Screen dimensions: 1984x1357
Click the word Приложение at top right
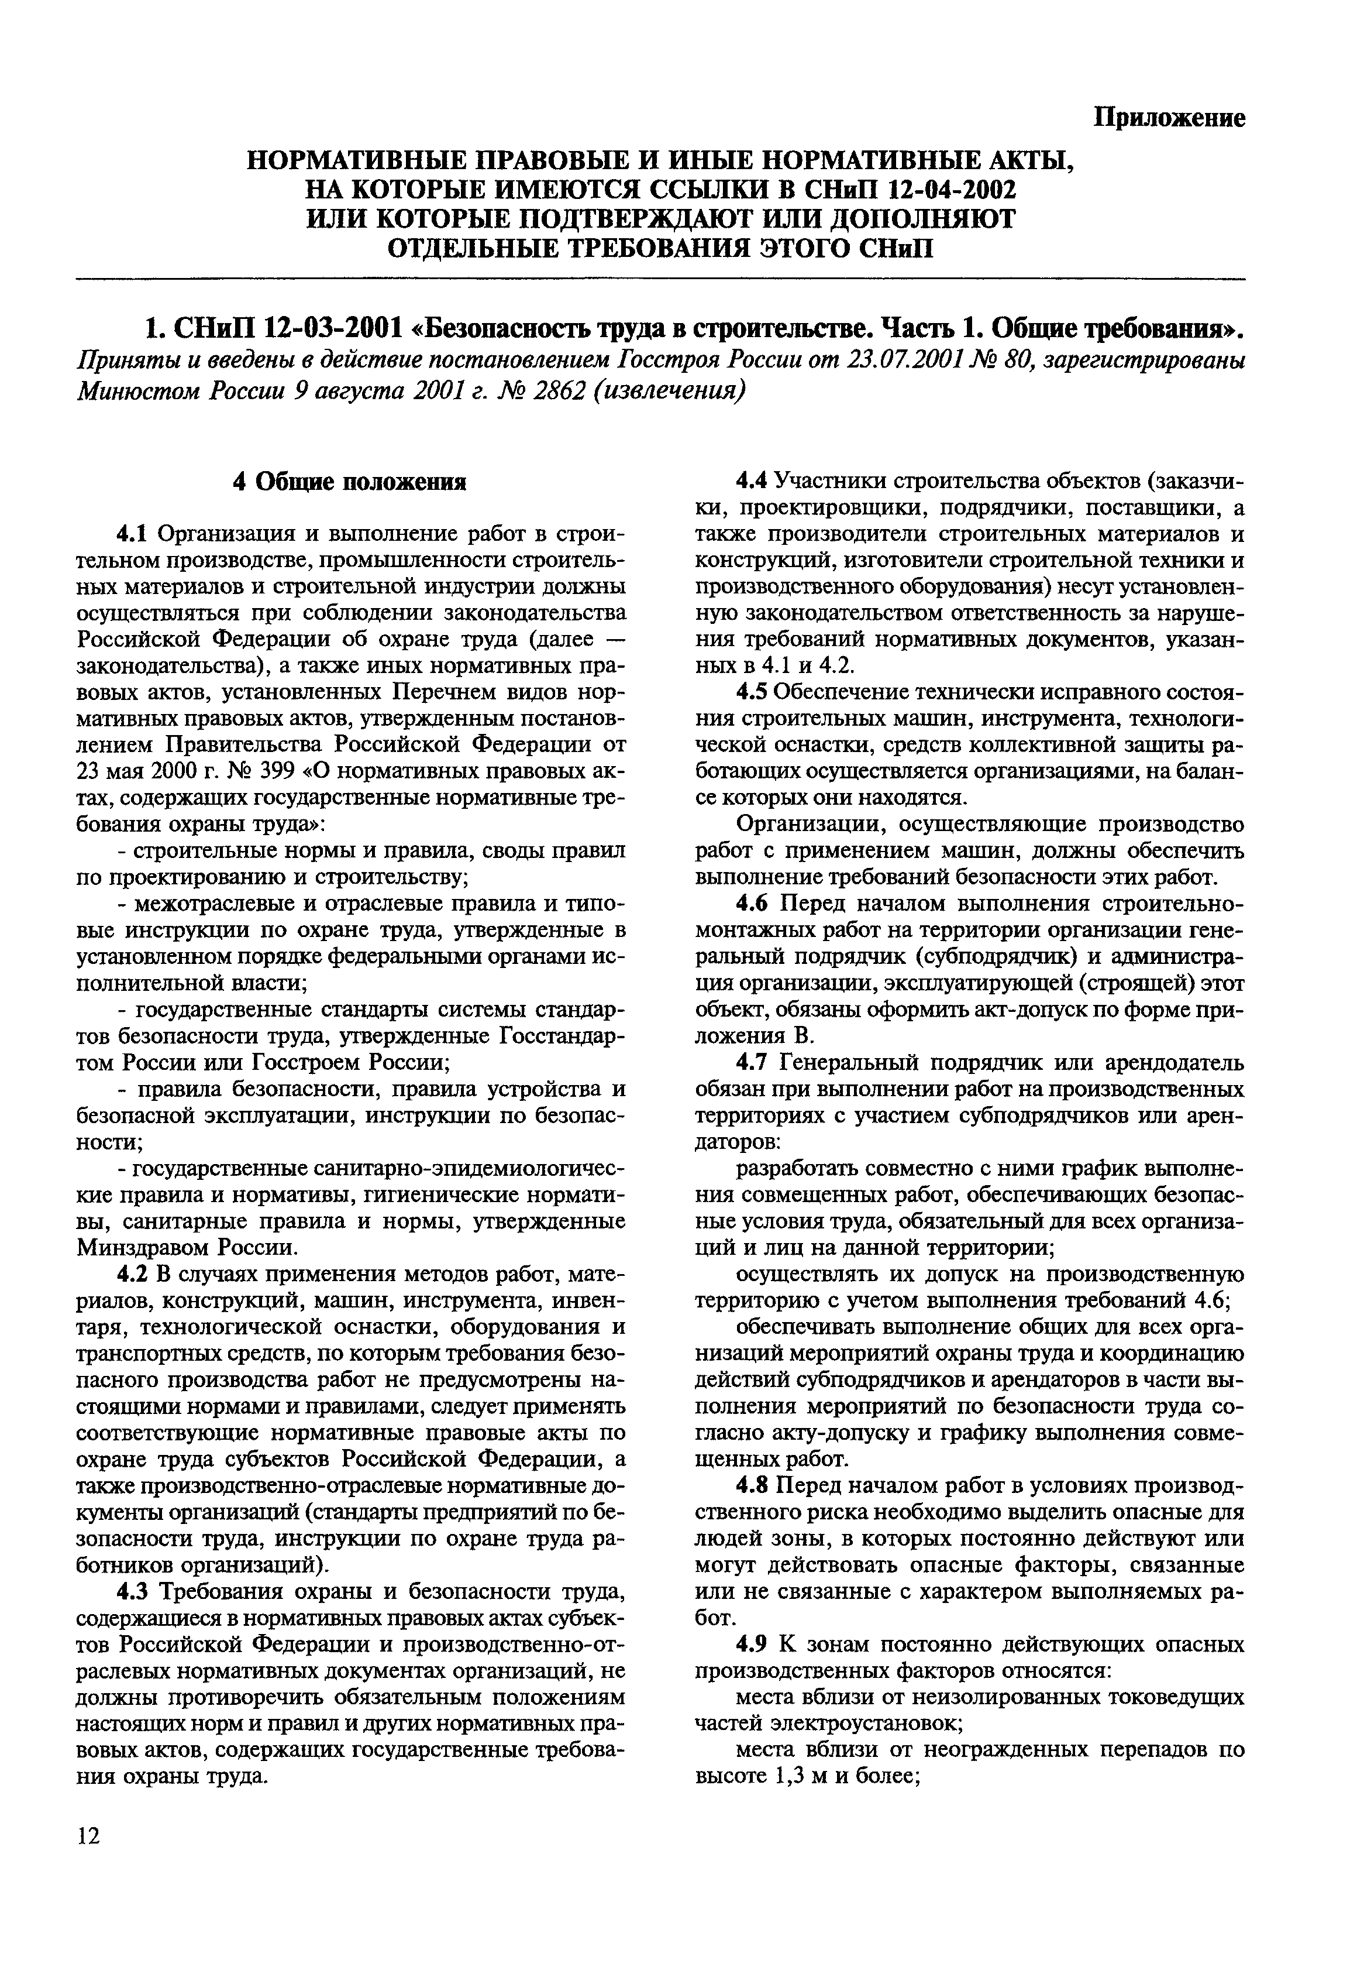pyautogui.click(x=1169, y=118)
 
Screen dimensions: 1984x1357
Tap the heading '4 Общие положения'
pyautogui.click(x=350, y=482)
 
